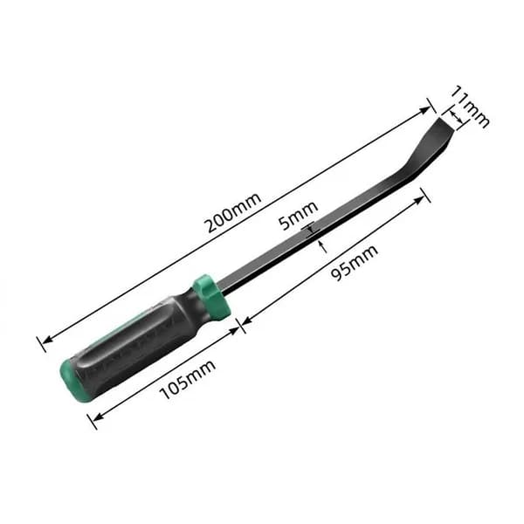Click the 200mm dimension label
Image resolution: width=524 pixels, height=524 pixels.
tap(233, 212)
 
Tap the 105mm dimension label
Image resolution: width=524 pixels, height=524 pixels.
tap(188, 380)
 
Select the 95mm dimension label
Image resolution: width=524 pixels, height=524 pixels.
tap(355, 263)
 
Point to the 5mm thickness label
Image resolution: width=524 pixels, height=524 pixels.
tap(299, 216)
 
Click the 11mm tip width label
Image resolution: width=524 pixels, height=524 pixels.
tap(470, 106)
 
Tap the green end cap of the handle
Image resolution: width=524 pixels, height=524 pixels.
tap(72, 379)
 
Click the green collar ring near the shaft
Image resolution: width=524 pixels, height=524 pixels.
tap(211, 297)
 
